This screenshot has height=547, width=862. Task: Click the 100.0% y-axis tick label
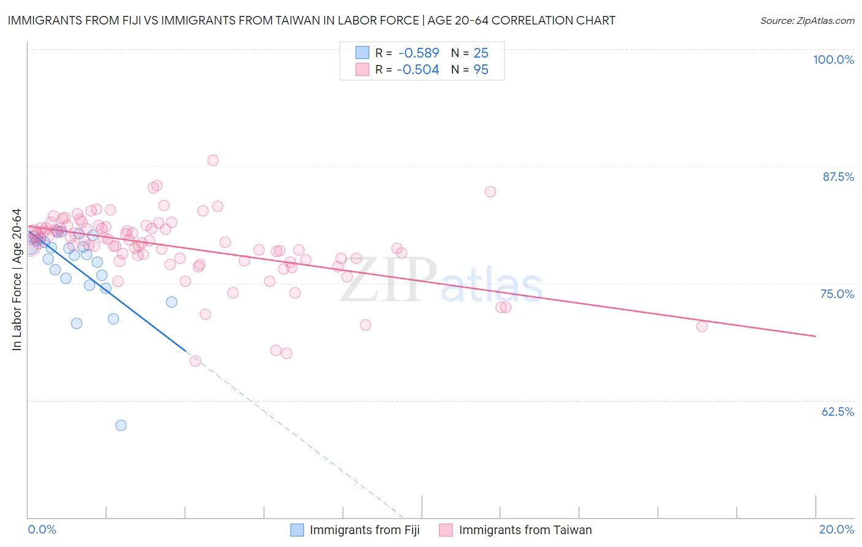pos(833,59)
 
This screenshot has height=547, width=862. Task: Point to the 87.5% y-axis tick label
pos(837,177)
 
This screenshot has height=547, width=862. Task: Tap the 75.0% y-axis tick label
pos(837,294)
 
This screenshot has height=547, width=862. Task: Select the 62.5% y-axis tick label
pos(837,411)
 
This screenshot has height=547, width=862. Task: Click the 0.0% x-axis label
pos(42,529)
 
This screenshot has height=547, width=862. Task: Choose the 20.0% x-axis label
pos(836,529)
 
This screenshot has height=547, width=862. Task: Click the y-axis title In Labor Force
pos(17,280)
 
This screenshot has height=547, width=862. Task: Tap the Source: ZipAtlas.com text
pos(807,21)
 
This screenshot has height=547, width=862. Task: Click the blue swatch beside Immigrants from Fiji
pos(297,530)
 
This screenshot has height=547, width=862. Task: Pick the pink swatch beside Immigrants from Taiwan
pos(446,530)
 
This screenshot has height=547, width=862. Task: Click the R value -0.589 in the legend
pos(419,53)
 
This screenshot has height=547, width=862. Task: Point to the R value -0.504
pos(418,70)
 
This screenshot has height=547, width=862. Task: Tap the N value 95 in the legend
pos(481,70)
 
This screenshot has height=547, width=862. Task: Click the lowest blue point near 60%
pos(121,426)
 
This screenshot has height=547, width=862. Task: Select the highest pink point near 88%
pos(213,160)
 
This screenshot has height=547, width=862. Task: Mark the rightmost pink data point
pos(702,326)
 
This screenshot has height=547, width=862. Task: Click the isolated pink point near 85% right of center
pos(490,191)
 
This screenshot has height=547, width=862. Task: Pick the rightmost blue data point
pos(172,302)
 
